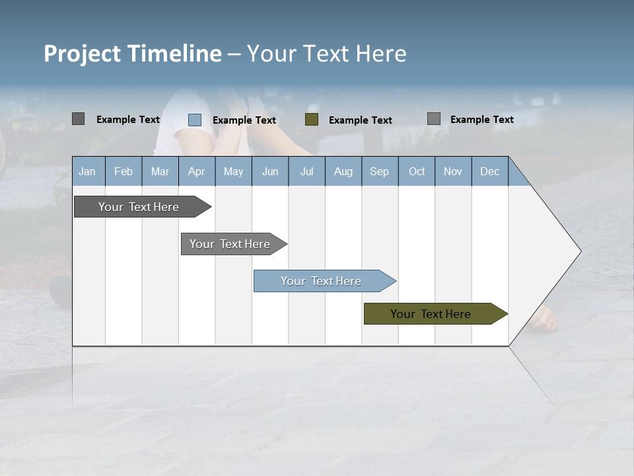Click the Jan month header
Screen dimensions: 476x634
pyautogui.click(x=88, y=171)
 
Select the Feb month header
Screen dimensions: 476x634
pyautogui.click(x=123, y=171)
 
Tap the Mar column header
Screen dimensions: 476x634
pyautogui.click(x=160, y=171)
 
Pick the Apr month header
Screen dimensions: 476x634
pyautogui.click(x=196, y=171)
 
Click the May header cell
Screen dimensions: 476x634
pyautogui.click(x=233, y=171)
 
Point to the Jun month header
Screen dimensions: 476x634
pyautogui.click(x=270, y=171)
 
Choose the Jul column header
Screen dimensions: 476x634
pyautogui.click(x=306, y=171)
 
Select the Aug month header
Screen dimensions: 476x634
pyautogui.click(x=343, y=171)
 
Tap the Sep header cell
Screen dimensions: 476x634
pyautogui.click(x=380, y=171)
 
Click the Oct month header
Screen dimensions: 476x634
pyautogui.click(x=417, y=171)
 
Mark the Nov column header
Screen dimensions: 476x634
pyautogui.click(x=453, y=171)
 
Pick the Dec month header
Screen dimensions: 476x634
pyautogui.click(x=490, y=171)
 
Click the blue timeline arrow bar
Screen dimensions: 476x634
pyautogui.click(x=322, y=281)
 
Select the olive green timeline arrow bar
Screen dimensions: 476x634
pyautogui.click(x=431, y=314)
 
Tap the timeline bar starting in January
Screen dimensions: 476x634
pyautogui.click(x=139, y=207)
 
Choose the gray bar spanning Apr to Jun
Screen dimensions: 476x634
pyautogui.click(x=230, y=244)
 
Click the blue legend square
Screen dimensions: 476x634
pyautogui.click(x=195, y=120)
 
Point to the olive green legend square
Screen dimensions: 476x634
pyautogui.click(x=312, y=120)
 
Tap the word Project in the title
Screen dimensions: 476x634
pyautogui.click(x=83, y=54)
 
